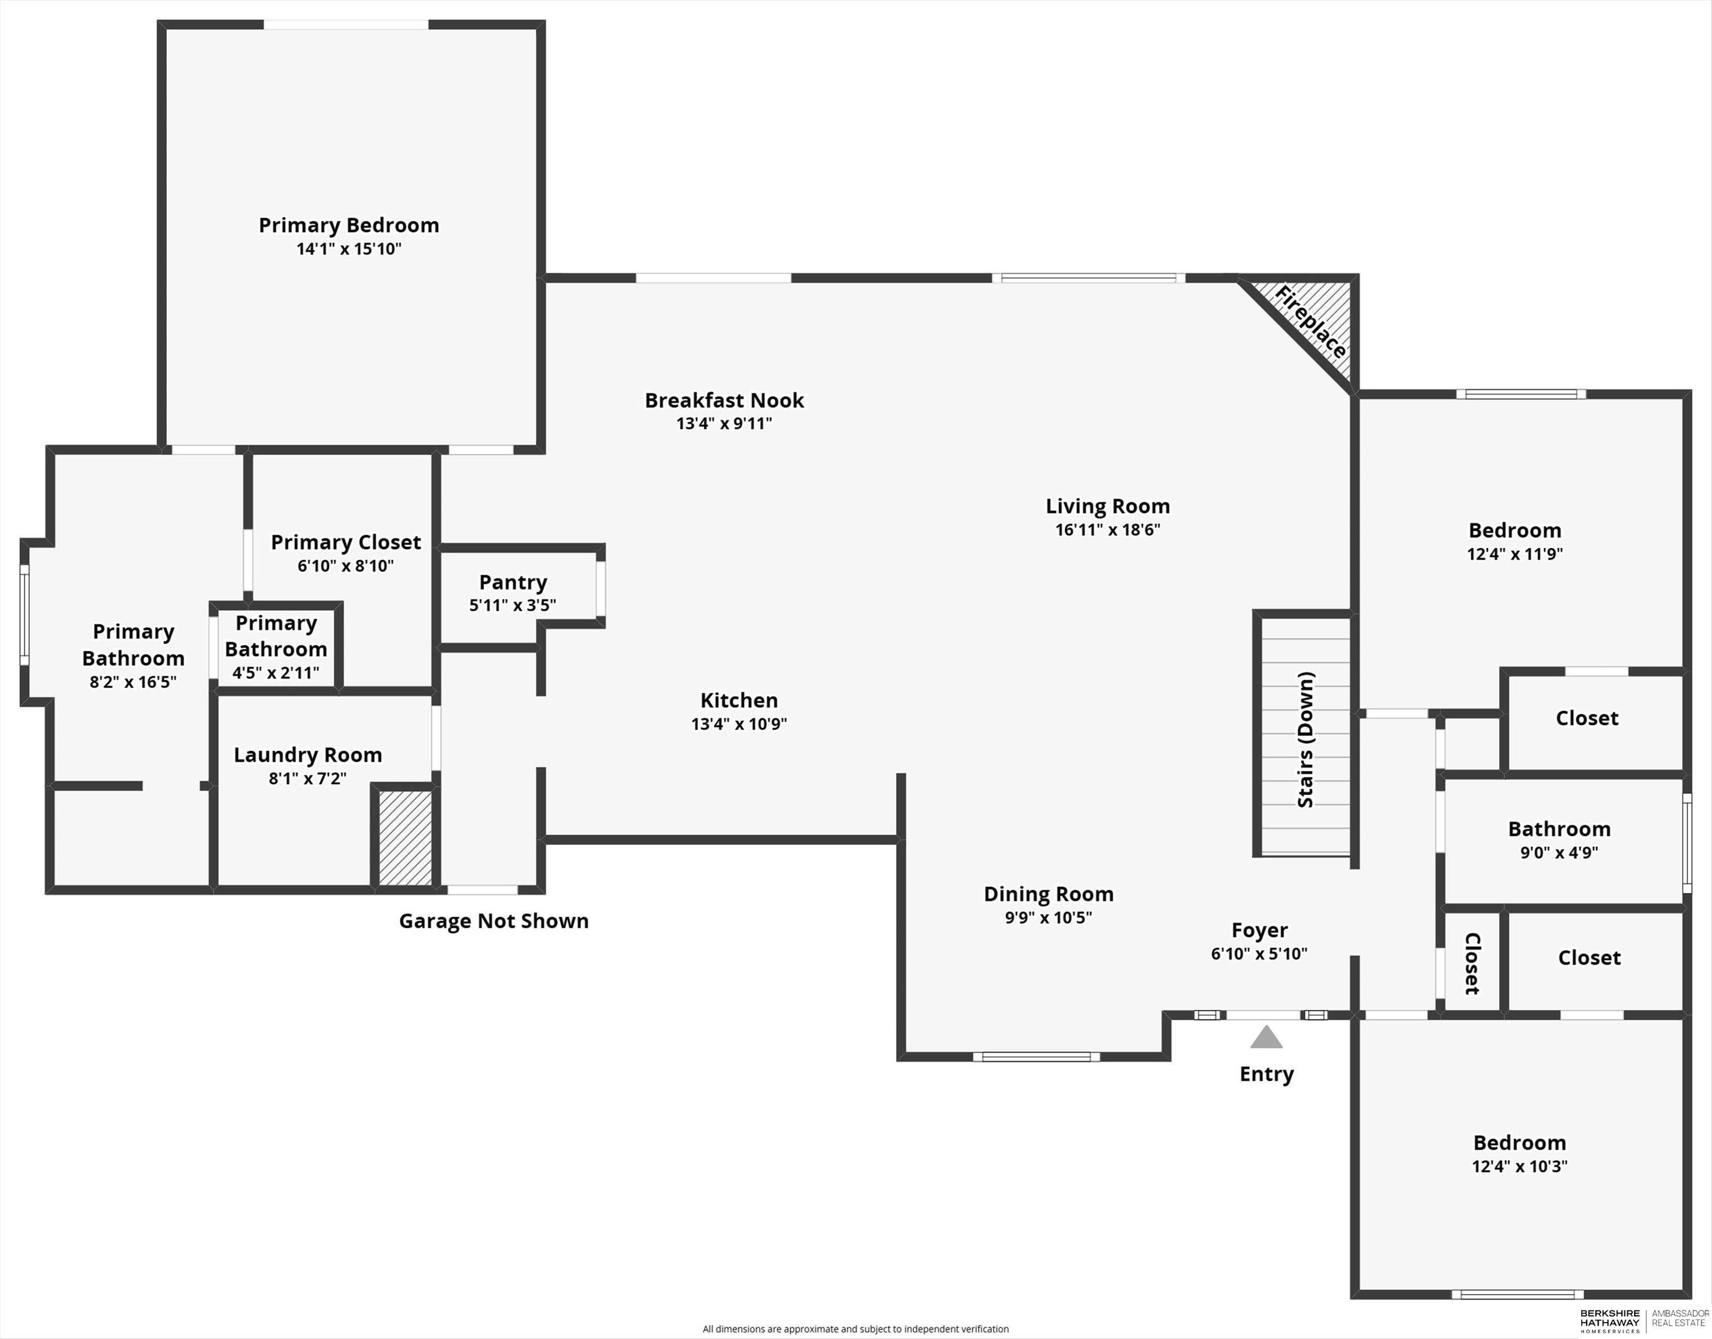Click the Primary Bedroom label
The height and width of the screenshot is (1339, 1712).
tap(349, 225)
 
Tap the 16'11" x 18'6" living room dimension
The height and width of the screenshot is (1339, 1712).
tap(1107, 529)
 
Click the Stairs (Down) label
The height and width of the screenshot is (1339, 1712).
tap(1305, 739)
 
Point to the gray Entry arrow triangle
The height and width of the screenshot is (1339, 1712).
tap(1266, 1039)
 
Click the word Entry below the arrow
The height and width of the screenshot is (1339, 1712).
tap(1266, 1074)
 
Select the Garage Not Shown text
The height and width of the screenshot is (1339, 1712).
tap(494, 921)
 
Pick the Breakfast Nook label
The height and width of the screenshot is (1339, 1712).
tap(724, 400)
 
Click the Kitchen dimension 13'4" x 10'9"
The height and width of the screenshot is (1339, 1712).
tap(739, 724)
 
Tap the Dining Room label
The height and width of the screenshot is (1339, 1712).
tap(1048, 894)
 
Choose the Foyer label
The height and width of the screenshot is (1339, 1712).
tap(1259, 930)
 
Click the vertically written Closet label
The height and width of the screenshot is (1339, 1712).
tap(1472, 964)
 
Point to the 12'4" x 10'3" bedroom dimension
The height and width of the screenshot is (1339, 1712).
tap(1519, 1166)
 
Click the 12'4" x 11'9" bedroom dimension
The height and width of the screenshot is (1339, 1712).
tap(1514, 553)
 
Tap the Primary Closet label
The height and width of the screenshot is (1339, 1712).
tap(346, 542)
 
